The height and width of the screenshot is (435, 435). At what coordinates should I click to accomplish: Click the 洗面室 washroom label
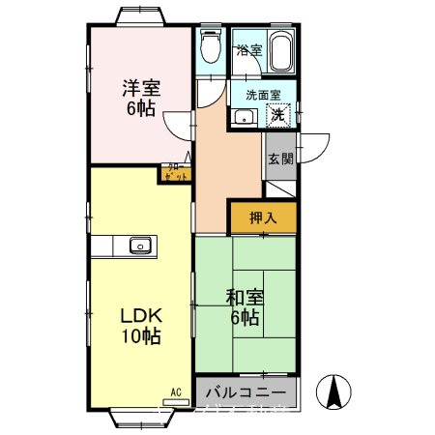(263, 96)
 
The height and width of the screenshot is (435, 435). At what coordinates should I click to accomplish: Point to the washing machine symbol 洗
(277, 115)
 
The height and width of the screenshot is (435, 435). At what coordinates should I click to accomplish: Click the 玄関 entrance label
(280, 159)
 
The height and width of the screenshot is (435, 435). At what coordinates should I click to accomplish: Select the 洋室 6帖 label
(141, 97)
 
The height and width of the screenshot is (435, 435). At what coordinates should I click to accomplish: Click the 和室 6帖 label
(244, 306)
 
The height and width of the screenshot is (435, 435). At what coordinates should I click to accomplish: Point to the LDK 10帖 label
(141, 326)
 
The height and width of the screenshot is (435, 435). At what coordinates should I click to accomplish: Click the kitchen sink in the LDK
(141, 246)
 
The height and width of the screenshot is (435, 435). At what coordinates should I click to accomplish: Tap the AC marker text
(176, 391)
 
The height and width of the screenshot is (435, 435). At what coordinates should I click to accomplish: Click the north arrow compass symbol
(333, 391)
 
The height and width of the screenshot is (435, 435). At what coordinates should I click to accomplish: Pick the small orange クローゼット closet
(174, 174)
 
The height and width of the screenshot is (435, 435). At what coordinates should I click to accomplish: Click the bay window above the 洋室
(143, 16)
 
